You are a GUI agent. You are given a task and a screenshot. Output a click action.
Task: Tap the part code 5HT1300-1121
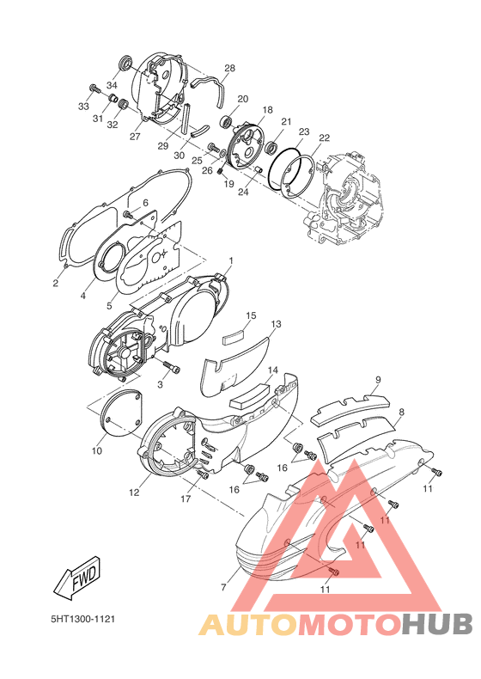click(x=83, y=619)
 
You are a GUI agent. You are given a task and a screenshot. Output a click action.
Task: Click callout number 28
click(x=230, y=68)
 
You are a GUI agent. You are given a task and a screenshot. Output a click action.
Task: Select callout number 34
click(x=113, y=86)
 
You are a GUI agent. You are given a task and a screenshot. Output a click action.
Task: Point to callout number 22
click(x=325, y=138)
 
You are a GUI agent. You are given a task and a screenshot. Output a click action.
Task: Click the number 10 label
click(x=97, y=450)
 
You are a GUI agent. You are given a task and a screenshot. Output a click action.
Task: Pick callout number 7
click(x=223, y=587)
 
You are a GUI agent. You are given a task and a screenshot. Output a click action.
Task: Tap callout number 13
click(x=276, y=324)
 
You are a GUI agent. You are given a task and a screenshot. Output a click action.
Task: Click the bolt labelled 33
click(x=94, y=89)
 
